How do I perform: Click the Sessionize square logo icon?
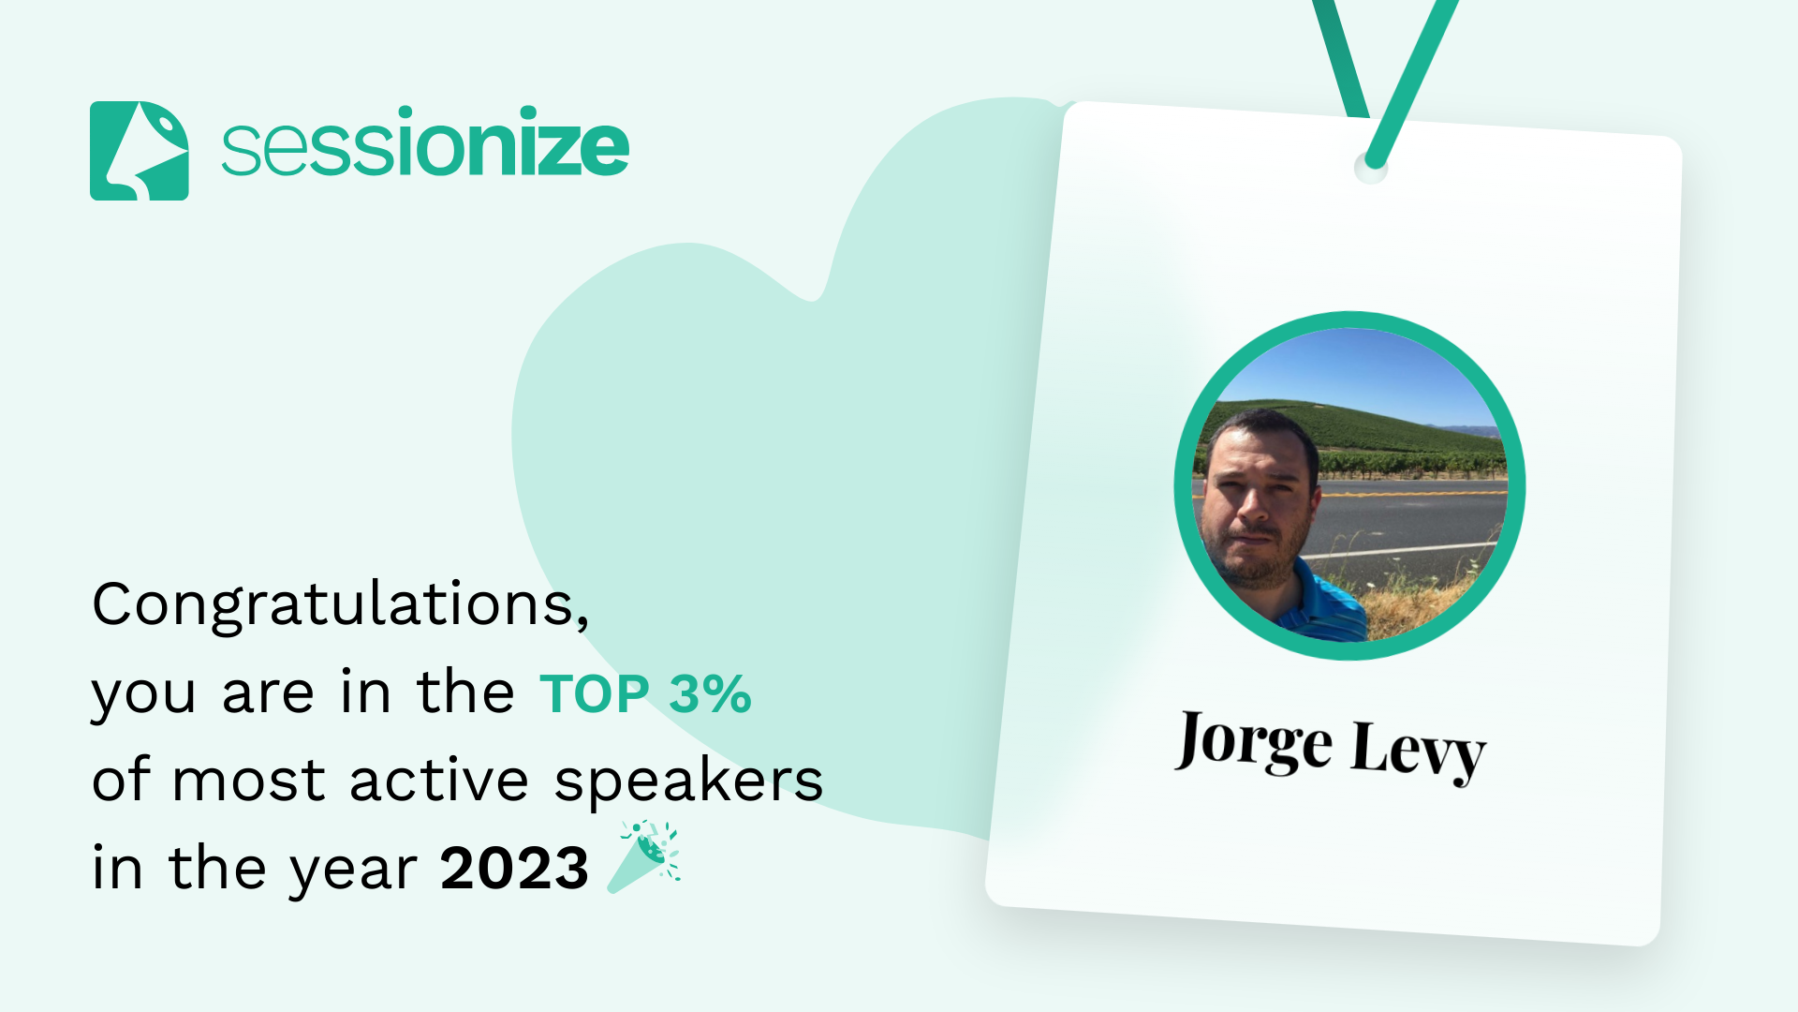pyautogui.click(x=139, y=151)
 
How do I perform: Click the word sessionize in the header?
pyautogui.click(x=425, y=145)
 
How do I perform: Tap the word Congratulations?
pyautogui.click(x=339, y=604)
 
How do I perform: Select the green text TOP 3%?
pyautogui.click(x=645, y=694)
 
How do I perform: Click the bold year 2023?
pyautogui.click(x=514, y=868)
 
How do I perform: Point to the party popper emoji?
pyautogui.click(x=645, y=856)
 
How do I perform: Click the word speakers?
pyautogui.click(x=688, y=781)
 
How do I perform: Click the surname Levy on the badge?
pyautogui.click(x=1418, y=751)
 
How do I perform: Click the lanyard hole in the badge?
pyautogui.click(x=1371, y=169)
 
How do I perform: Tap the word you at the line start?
pyautogui.click(x=143, y=695)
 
